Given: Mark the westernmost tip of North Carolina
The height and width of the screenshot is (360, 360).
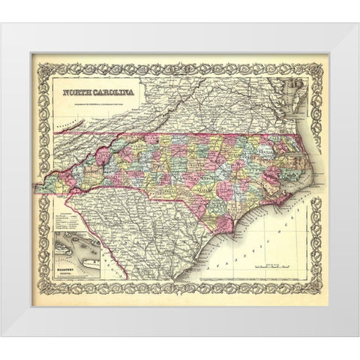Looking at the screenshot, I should point(43,180).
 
